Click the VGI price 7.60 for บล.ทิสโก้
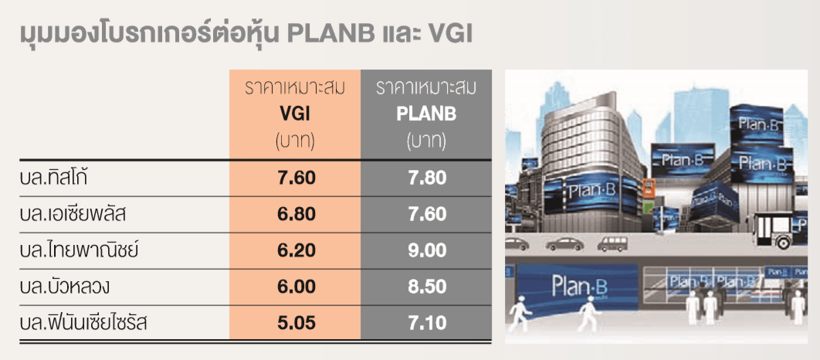[296, 178]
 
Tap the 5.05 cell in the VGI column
[296, 323]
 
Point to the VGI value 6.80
[296, 215]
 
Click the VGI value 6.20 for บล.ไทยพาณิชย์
[296, 250]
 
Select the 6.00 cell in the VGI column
[296, 287]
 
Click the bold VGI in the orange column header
[295, 114]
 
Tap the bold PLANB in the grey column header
[426, 114]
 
